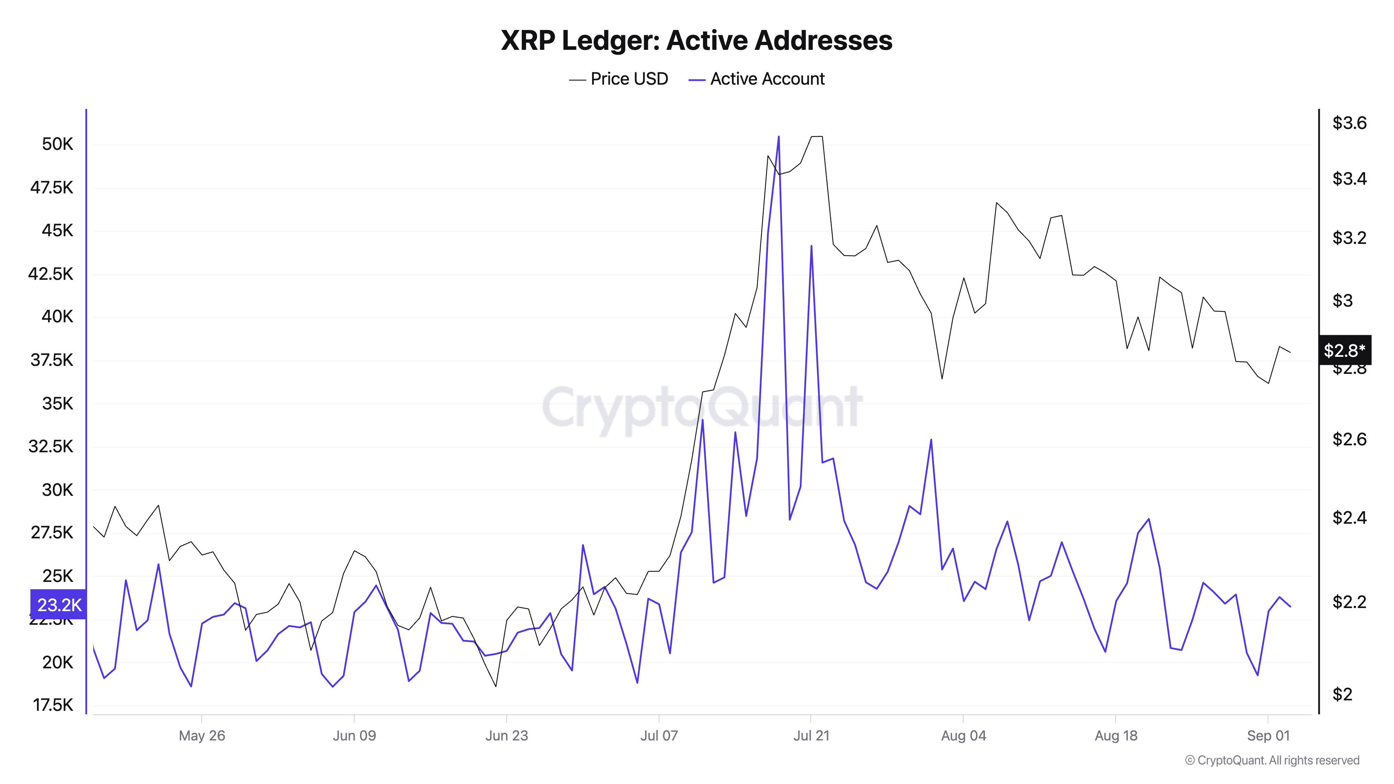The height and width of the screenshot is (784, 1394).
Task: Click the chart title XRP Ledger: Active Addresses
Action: tap(696, 40)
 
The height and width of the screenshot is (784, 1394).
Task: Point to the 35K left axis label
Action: tap(58, 403)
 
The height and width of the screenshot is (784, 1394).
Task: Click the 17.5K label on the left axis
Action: tap(53, 705)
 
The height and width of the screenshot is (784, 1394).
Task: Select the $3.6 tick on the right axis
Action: tap(1349, 123)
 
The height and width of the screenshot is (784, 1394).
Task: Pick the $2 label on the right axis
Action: tap(1342, 694)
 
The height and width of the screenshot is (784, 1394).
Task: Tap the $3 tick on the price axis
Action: tap(1342, 300)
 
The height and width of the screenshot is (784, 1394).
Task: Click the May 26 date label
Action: tap(202, 736)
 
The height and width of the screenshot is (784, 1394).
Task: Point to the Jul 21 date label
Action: tap(811, 736)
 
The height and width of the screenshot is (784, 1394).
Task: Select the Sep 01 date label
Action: tap(1268, 736)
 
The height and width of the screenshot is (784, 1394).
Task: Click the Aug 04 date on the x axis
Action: tap(963, 736)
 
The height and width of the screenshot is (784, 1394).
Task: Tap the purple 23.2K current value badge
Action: tap(59, 604)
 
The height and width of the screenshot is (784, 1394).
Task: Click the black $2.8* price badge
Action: tap(1344, 350)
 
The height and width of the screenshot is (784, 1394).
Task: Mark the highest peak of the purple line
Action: tap(779, 137)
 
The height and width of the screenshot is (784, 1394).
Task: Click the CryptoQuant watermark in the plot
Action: tap(702, 407)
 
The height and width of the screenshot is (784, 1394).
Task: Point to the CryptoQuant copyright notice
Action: tap(1272, 760)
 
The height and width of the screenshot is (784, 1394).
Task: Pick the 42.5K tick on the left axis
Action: tap(51, 274)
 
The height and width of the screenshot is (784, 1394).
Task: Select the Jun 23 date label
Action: tap(506, 736)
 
